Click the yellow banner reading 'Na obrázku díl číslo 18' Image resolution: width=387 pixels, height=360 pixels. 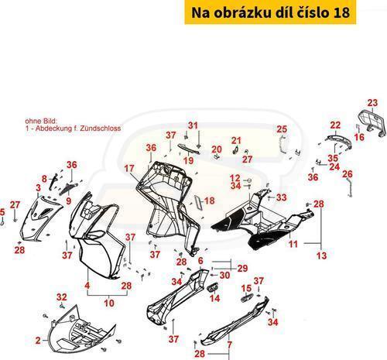270,12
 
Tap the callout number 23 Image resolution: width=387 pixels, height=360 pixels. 372,103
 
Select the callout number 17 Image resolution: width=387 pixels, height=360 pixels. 129,169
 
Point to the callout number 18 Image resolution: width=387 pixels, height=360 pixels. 210,201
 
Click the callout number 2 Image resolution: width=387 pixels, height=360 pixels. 38,341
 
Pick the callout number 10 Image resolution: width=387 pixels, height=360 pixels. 109,303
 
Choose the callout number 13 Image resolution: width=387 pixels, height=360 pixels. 321,255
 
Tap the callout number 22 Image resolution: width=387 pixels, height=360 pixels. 335,125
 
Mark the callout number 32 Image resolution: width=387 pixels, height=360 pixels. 62,297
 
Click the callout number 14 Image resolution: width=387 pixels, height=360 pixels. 215,298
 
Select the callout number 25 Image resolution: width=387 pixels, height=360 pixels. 282,129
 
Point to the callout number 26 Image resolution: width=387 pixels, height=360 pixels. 348,174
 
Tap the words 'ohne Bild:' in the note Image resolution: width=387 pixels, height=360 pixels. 40,121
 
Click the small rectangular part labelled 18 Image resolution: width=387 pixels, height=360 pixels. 198,201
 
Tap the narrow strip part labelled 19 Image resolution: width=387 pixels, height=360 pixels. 189,149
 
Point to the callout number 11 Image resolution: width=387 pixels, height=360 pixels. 293,244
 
